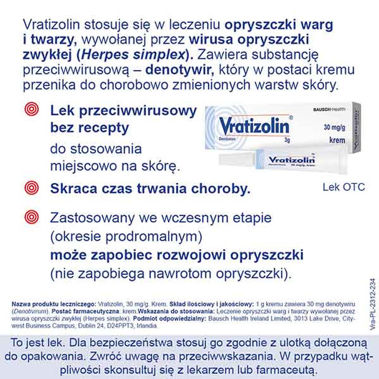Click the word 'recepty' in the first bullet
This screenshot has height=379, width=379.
tap(104, 129)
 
